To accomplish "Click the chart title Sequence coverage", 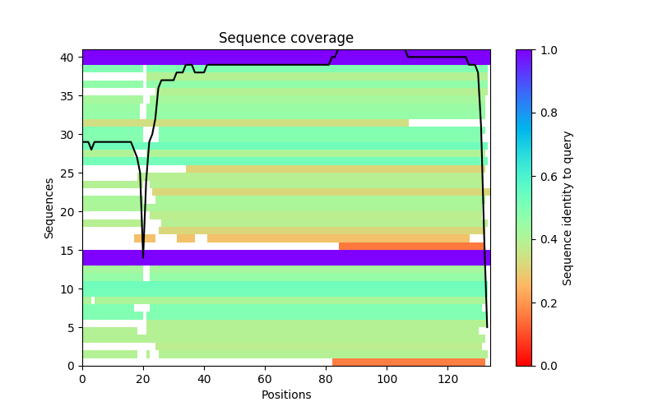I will (285, 39).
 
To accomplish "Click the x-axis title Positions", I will (285, 395).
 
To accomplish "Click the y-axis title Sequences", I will (49, 208).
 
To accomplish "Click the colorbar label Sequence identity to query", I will (568, 208).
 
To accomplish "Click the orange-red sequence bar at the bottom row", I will (409, 362).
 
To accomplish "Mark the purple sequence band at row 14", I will (285, 257).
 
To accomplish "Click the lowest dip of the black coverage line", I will (143, 257).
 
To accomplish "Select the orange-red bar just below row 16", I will (411, 246).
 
